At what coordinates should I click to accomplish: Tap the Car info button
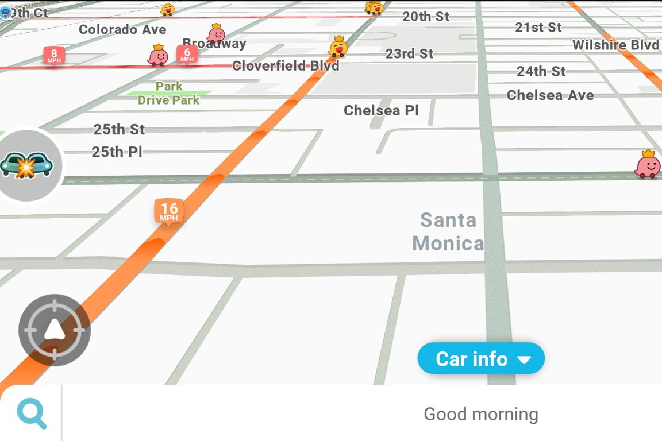click(x=481, y=359)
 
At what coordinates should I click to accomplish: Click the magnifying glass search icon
click(x=32, y=414)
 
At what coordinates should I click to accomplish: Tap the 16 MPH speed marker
click(x=168, y=211)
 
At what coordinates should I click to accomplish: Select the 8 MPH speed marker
click(x=53, y=56)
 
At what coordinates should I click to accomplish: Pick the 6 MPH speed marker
click(x=187, y=55)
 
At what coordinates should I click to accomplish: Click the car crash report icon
click(x=27, y=165)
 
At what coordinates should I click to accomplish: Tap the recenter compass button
click(x=54, y=330)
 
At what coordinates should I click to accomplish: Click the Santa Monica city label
click(x=448, y=231)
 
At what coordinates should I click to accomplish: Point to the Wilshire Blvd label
click(x=615, y=45)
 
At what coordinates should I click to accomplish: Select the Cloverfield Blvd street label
click(x=286, y=66)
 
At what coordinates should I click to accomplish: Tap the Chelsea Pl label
click(x=381, y=110)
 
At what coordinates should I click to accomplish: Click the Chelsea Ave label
click(x=550, y=95)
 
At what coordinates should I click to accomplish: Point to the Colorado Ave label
click(x=122, y=29)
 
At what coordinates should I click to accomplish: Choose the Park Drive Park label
click(x=169, y=93)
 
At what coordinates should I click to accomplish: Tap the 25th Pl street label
click(x=117, y=152)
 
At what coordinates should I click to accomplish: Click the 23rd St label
click(x=409, y=54)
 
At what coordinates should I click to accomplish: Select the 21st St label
click(x=538, y=27)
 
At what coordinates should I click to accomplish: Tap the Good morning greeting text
click(x=480, y=414)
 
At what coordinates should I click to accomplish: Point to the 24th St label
click(x=541, y=72)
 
